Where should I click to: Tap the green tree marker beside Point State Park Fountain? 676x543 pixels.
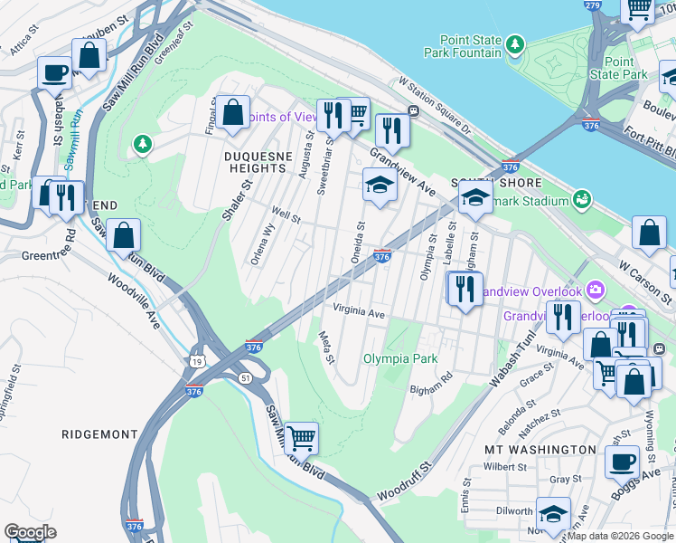tap(515, 43)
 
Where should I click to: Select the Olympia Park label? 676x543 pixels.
tap(400, 358)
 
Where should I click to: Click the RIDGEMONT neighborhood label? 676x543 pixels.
tap(100, 434)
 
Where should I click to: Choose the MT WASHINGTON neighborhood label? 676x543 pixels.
tap(540, 450)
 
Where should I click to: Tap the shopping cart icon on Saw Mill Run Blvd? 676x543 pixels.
tap(301, 437)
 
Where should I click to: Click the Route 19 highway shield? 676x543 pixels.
tap(196, 362)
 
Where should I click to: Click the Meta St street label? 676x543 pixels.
tap(326, 348)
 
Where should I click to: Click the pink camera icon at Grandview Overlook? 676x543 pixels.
tap(595, 291)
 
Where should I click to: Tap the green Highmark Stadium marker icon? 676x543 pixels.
tap(582, 198)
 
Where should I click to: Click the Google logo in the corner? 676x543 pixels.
tap(30, 532)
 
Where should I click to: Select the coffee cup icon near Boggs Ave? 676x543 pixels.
tap(621, 462)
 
